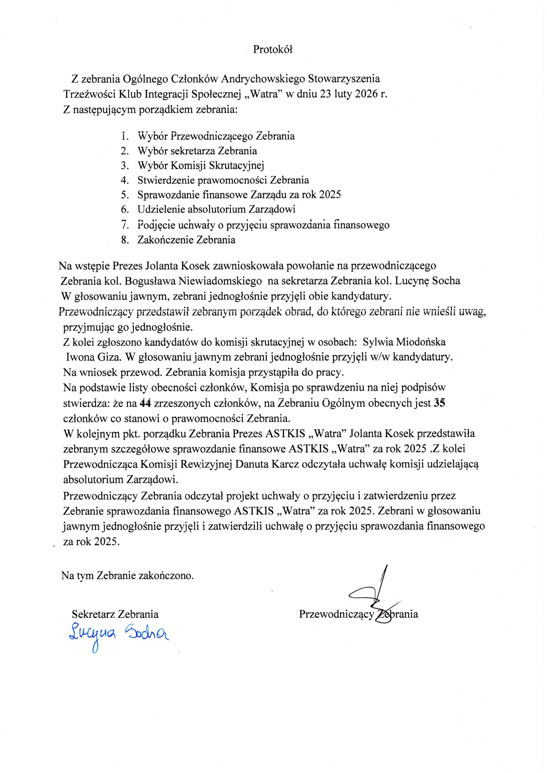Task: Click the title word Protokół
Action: pos(273,50)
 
